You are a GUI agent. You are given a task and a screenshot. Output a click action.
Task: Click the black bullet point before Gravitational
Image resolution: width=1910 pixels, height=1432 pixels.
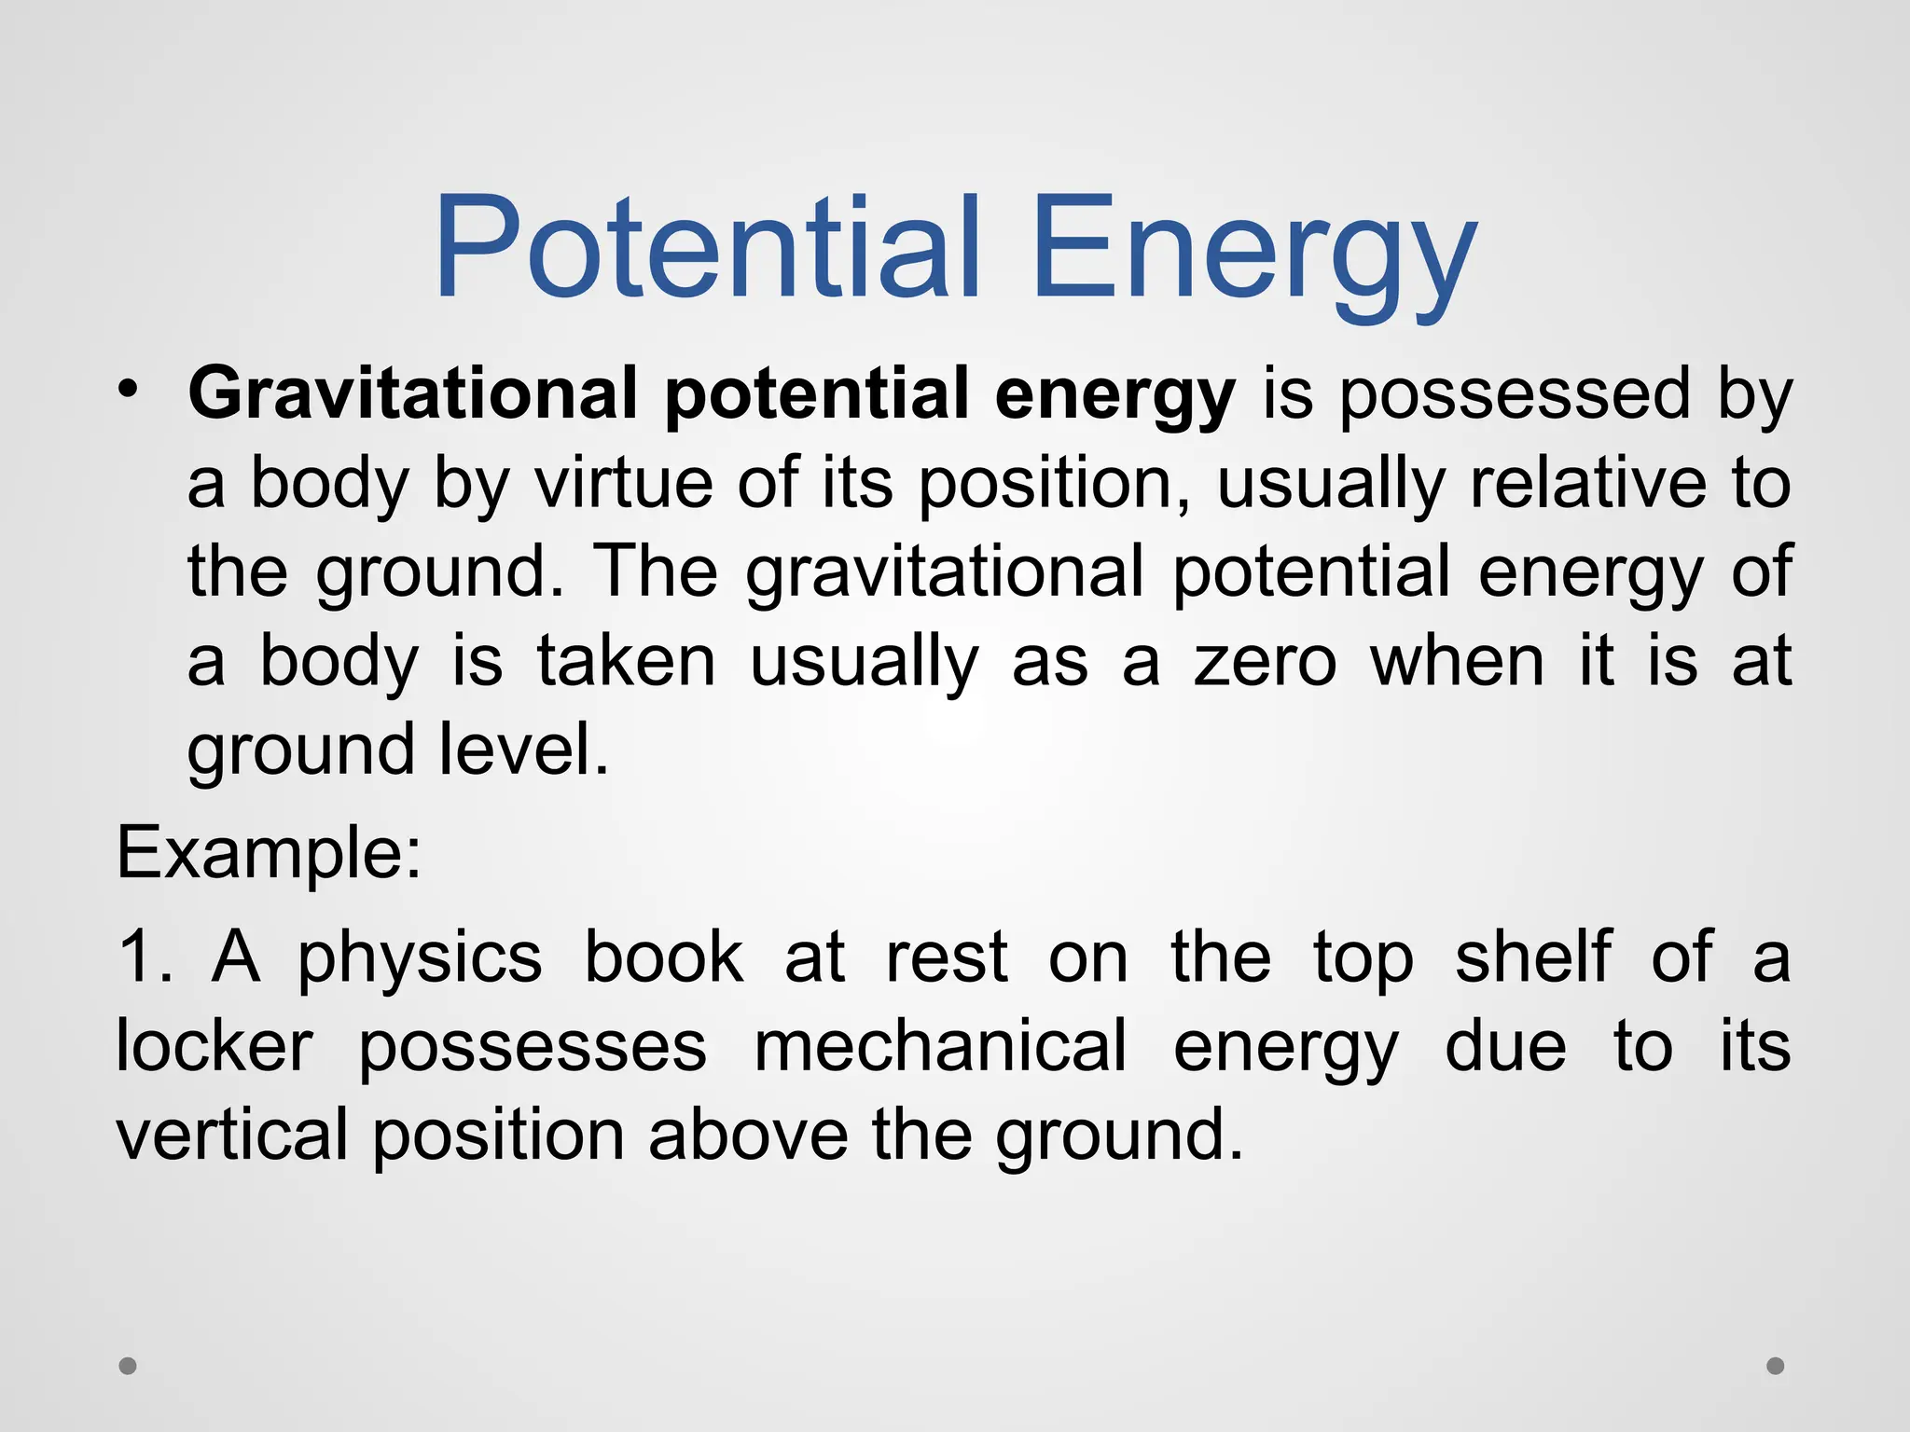tap(128, 388)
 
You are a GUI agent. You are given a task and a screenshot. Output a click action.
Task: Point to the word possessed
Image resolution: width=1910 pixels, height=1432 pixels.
tap(1515, 395)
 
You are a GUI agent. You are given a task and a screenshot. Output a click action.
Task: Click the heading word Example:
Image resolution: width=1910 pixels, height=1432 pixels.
tap(270, 852)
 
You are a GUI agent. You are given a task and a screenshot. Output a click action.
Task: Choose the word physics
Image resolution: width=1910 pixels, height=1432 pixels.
tap(420, 960)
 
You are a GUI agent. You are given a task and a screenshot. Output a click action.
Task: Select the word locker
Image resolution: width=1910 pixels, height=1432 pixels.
tap(215, 1046)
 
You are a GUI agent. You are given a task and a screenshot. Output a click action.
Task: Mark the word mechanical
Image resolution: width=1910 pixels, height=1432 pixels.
tap(940, 1046)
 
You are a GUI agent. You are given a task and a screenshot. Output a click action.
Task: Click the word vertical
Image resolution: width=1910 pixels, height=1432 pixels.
tap(231, 1135)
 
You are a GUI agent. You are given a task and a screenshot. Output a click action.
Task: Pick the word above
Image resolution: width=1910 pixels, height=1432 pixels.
tap(748, 1135)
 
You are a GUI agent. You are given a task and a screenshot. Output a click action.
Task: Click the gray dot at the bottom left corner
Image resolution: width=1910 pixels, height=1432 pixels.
tap(128, 1366)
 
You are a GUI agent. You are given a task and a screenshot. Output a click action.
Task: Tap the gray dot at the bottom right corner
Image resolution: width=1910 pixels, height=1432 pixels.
tap(1776, 1366)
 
